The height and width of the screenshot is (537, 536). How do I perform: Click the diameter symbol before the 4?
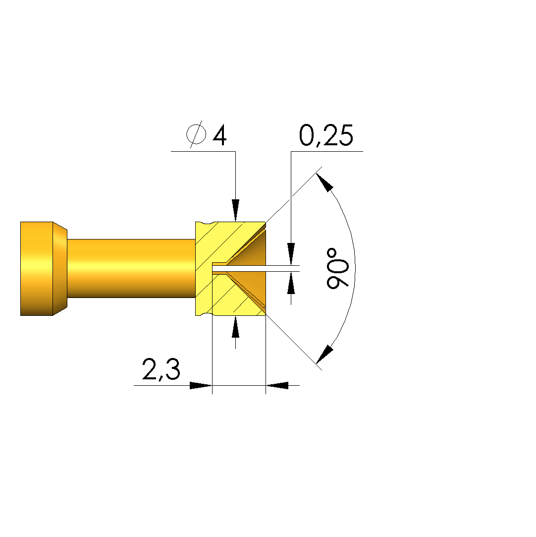coord(196,134)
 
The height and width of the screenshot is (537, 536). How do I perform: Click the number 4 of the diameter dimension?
coord(219,135)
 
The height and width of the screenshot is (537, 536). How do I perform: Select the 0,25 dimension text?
coord(326,136)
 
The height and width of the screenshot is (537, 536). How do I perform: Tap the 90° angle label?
coord(338,269)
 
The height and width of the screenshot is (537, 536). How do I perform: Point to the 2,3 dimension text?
coord(161,369)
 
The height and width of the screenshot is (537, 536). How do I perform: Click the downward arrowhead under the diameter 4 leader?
coord(235,210)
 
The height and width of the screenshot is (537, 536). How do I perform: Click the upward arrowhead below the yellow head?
coord(235,327)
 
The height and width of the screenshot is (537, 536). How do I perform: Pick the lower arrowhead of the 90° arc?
coord(324,354)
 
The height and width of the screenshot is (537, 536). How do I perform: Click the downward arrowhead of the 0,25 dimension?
coord(291,254)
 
